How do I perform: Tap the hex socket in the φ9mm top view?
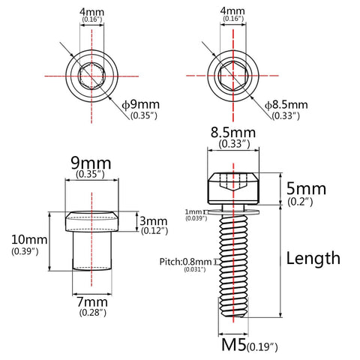click(x=91, y=76)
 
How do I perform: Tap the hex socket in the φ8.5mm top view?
click(x=231, y=76)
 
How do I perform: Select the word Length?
click(x=313, y=258)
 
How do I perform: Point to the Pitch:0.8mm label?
click(x=185, y=262)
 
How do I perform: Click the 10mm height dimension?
click(x=26, y=240)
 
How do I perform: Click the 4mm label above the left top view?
click(x=91, y=12)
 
